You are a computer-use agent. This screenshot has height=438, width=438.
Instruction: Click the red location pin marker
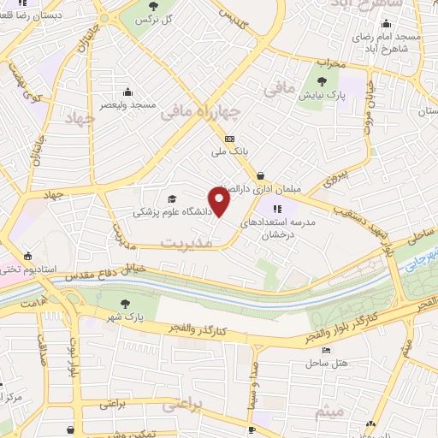221,203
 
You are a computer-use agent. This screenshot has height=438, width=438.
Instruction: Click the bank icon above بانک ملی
228,139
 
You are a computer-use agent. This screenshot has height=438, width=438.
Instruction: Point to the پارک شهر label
126,316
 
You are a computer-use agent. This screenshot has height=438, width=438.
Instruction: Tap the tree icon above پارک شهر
126,303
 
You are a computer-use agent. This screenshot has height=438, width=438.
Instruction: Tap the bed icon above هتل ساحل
324,350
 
